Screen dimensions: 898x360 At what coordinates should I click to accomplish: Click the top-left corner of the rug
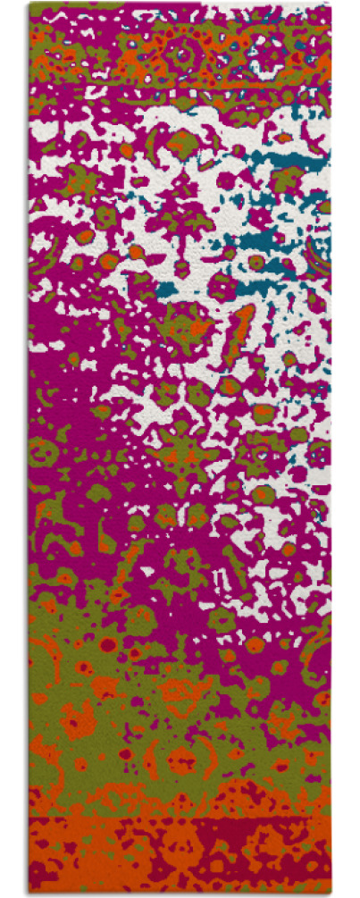pos(29,4)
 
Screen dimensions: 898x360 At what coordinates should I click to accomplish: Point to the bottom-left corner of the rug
pos(29,893)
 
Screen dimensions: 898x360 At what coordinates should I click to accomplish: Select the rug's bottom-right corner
pos(331,893)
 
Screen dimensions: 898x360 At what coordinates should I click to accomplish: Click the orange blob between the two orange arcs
pos(183,760)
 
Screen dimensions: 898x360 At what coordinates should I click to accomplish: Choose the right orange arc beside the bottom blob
pos(218,760)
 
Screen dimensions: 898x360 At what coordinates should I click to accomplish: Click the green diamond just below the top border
pos(183,139)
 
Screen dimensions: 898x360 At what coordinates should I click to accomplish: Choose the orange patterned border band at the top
pos(179,54)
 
